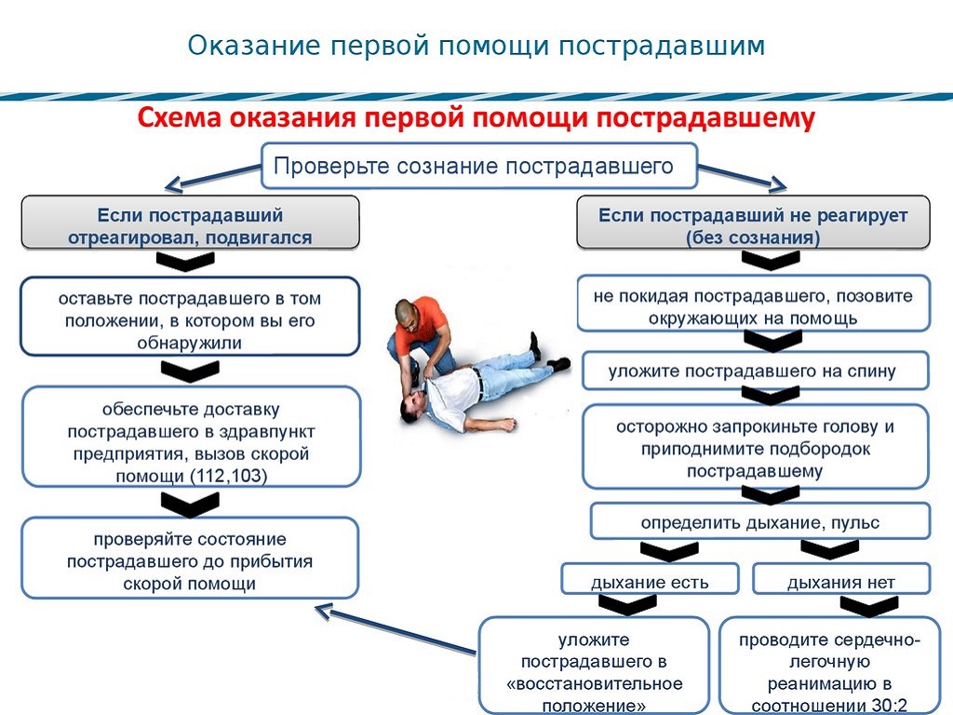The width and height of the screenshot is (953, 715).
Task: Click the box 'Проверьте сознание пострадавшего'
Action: (479, 166)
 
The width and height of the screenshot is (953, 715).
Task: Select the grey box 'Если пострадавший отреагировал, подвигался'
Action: (190, 223)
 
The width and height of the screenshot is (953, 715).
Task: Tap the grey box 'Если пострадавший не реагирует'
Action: (753, 223)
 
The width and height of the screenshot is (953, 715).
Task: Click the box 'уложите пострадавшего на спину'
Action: (756, 371)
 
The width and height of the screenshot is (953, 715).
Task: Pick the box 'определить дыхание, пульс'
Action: (760, 521)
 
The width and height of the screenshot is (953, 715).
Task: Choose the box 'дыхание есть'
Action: (650, 579)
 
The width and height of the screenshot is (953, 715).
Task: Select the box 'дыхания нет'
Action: (841, 579)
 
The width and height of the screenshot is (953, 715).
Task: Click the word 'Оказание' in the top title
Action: (254, 46)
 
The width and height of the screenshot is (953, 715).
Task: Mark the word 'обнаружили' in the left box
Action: (190, 343)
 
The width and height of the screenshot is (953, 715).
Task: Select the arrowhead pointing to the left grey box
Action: (174, 183)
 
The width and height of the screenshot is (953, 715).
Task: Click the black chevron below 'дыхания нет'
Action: (869, 605)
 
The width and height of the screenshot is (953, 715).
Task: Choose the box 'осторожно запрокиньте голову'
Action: (756, 448)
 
